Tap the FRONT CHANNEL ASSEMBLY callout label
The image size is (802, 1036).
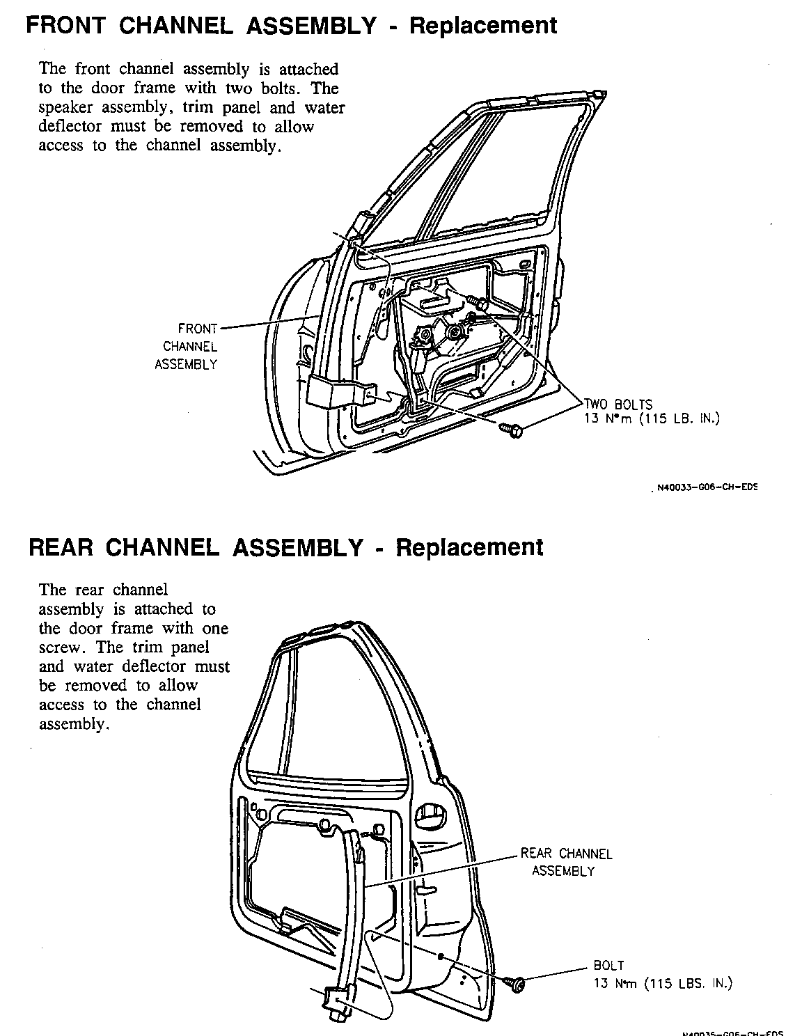186,346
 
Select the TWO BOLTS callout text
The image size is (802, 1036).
618,405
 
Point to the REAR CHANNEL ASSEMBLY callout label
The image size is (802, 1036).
565,862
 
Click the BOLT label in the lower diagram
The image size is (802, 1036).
608,966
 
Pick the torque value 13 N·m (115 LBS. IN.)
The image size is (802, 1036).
663,983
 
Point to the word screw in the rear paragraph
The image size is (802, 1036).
65,647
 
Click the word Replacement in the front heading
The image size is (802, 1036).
482,26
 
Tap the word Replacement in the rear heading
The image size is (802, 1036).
469,547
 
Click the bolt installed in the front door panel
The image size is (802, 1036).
480,303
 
